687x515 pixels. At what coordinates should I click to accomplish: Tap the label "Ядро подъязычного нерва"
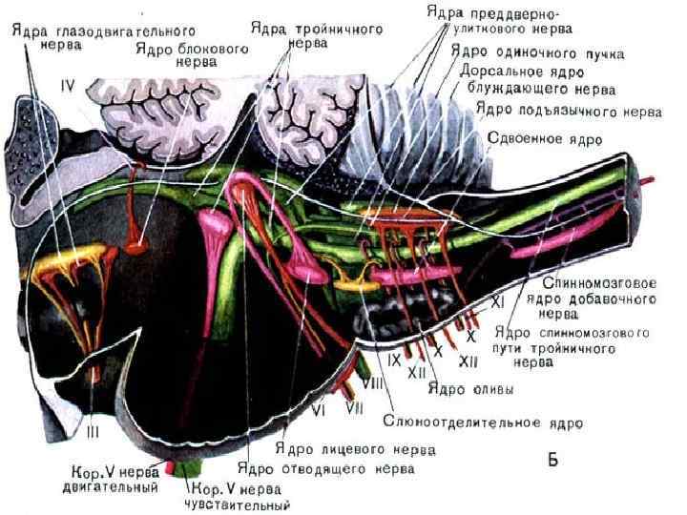point(569,111)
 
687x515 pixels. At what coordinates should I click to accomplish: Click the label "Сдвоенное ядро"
point(545,137)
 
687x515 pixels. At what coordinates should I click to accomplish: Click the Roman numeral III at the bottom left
point(92,431)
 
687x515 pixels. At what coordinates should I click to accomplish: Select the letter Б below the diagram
point(552,461)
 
